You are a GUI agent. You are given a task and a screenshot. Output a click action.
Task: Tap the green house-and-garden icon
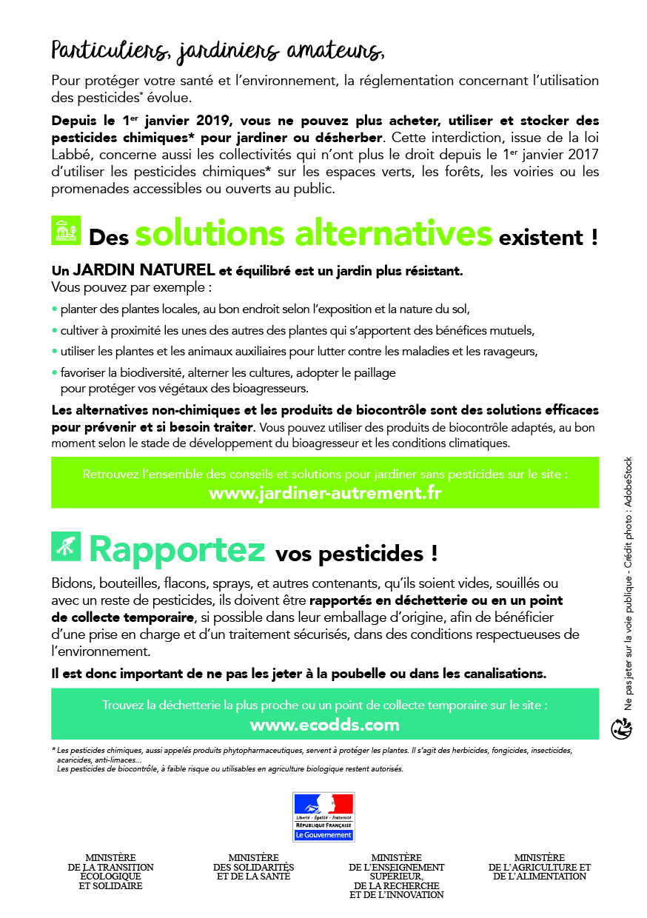tap(65, 230)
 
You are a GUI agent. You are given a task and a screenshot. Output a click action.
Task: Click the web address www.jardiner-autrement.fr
tap(325, 492)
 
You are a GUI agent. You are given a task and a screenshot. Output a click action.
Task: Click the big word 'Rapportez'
tap(177, 549)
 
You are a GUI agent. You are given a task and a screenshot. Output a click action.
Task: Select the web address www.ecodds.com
tap(324, 725)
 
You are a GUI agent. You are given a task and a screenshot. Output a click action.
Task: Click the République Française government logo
tap(323, 817)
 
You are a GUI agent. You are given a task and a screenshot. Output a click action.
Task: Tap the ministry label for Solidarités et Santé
tap(253, 867)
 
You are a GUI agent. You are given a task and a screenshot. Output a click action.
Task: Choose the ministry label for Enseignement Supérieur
tap(396, 876)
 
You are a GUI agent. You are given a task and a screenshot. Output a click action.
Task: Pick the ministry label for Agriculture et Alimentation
tap(539, 867)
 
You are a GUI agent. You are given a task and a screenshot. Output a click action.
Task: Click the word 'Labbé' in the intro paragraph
tap(70, 155)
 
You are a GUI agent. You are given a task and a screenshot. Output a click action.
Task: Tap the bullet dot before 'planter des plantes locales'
tap(54, 309)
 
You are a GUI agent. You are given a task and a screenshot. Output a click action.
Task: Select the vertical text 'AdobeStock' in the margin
tap(628, 480)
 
